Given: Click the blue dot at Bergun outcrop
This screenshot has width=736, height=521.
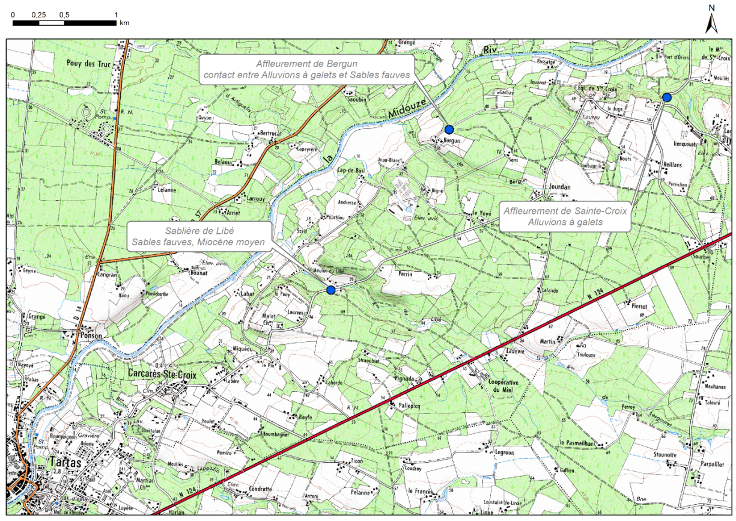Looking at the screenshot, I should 449,129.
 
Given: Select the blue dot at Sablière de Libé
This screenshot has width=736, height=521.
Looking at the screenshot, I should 330,290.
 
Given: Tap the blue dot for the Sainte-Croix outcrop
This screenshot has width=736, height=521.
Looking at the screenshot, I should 666,97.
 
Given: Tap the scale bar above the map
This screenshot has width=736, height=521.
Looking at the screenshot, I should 64,23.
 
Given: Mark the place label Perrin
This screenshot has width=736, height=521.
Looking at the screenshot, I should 407,273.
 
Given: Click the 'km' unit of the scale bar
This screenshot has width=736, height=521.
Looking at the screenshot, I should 124,23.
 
